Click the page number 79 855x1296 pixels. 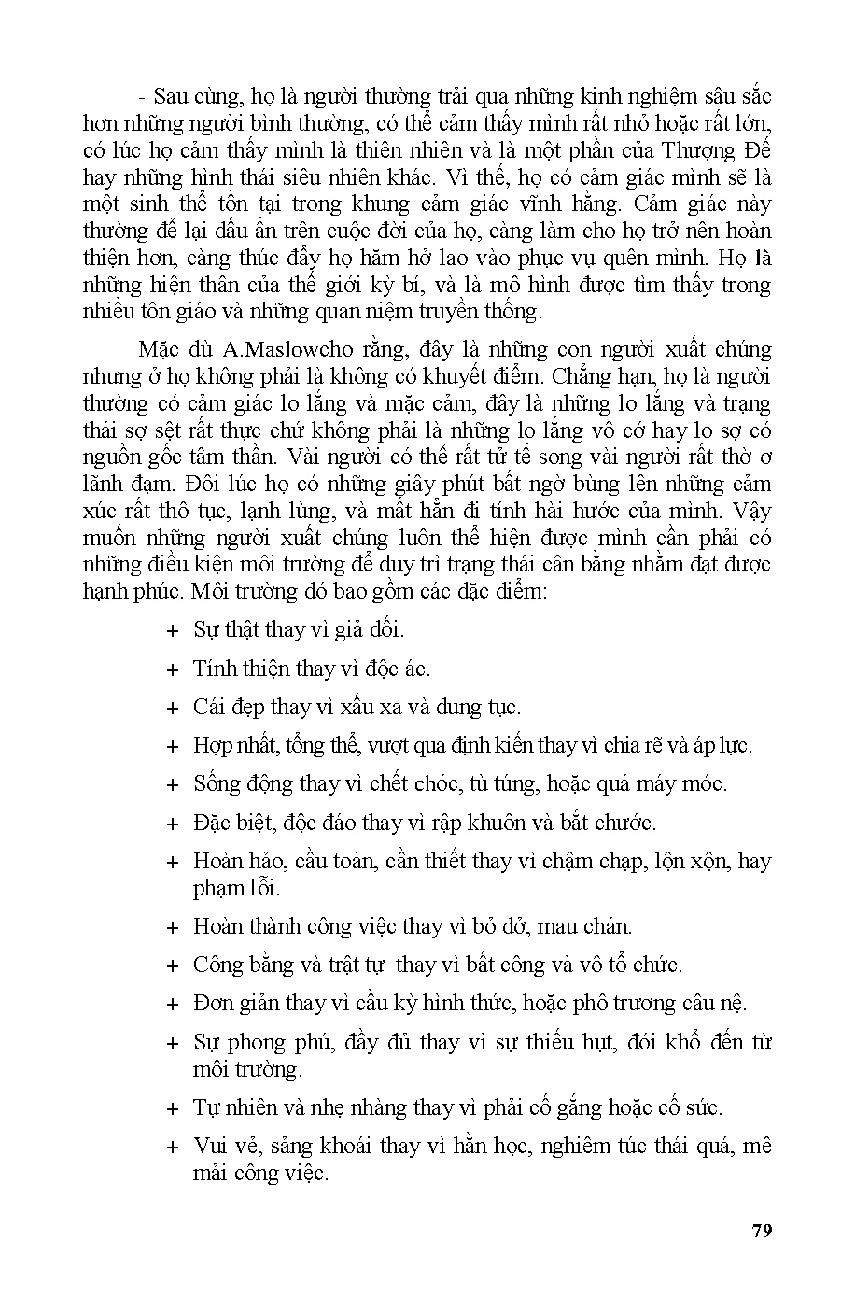(762, 1230)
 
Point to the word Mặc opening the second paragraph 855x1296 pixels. (157, 350)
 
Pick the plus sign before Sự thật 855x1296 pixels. (172, 631)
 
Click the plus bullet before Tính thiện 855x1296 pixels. (172, 670)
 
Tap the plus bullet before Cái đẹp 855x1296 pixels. (172, 709)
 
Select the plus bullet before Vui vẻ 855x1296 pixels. (172, 1148)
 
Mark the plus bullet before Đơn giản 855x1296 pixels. (172, 1006)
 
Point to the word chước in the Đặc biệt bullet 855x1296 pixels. (628, 824)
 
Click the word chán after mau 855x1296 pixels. (606, 927)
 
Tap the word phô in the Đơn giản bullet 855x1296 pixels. (604, 1004)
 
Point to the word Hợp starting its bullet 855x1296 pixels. (213, 746)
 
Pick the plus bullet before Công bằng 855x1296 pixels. (172, 966)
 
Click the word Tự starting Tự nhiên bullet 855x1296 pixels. (206, 1108)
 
